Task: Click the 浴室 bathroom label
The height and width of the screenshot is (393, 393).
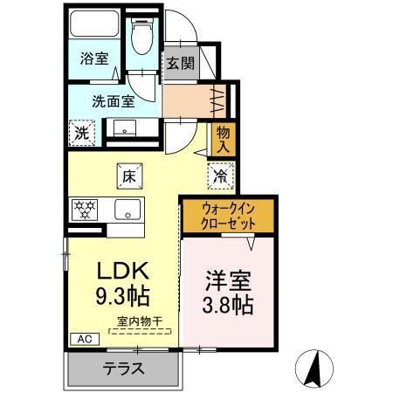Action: (95, 59)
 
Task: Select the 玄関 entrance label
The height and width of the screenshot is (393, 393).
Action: (181, 63)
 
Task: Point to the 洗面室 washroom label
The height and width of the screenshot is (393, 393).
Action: (113, 100)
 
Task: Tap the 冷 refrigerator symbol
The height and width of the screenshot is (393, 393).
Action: (220, 176)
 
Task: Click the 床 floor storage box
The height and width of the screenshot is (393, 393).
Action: (128, 176)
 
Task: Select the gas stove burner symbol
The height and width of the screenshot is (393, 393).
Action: (86, 210)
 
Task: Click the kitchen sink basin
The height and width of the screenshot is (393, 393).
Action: (129, 210)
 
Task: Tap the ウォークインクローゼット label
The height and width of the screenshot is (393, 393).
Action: (229, 215)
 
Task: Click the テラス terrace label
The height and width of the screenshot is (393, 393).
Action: (122, 368)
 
